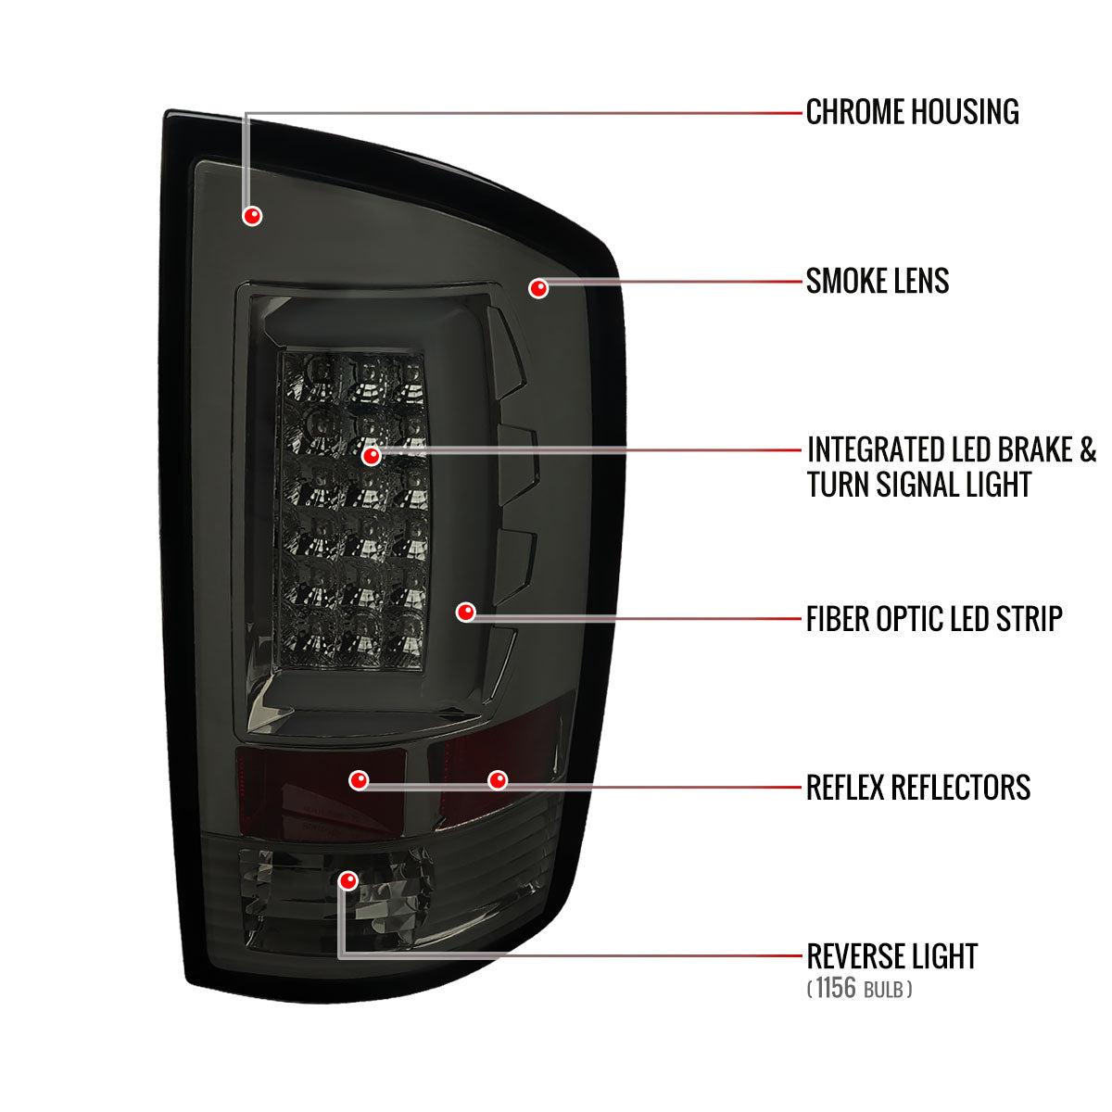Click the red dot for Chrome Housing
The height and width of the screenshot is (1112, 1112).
[x=252, y=216]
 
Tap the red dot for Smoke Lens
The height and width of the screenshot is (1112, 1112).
[x=537, y=288]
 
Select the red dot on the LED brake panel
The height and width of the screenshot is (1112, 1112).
[x=371, y=456]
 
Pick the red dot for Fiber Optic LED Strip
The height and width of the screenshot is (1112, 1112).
[x=465, y=612]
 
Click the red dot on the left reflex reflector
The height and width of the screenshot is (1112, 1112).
[x=359, y=781]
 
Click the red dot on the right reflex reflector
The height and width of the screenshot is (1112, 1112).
[x=498, y=781]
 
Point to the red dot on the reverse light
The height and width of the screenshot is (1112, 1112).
[x=348, y=880]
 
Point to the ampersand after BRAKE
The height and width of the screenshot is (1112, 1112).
[x=1087, y=449]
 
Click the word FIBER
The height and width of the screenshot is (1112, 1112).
[x=837, y=619]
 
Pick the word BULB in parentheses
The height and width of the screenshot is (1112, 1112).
[x=883, y=990]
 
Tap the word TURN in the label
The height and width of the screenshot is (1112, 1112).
[x=838, y=484]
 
